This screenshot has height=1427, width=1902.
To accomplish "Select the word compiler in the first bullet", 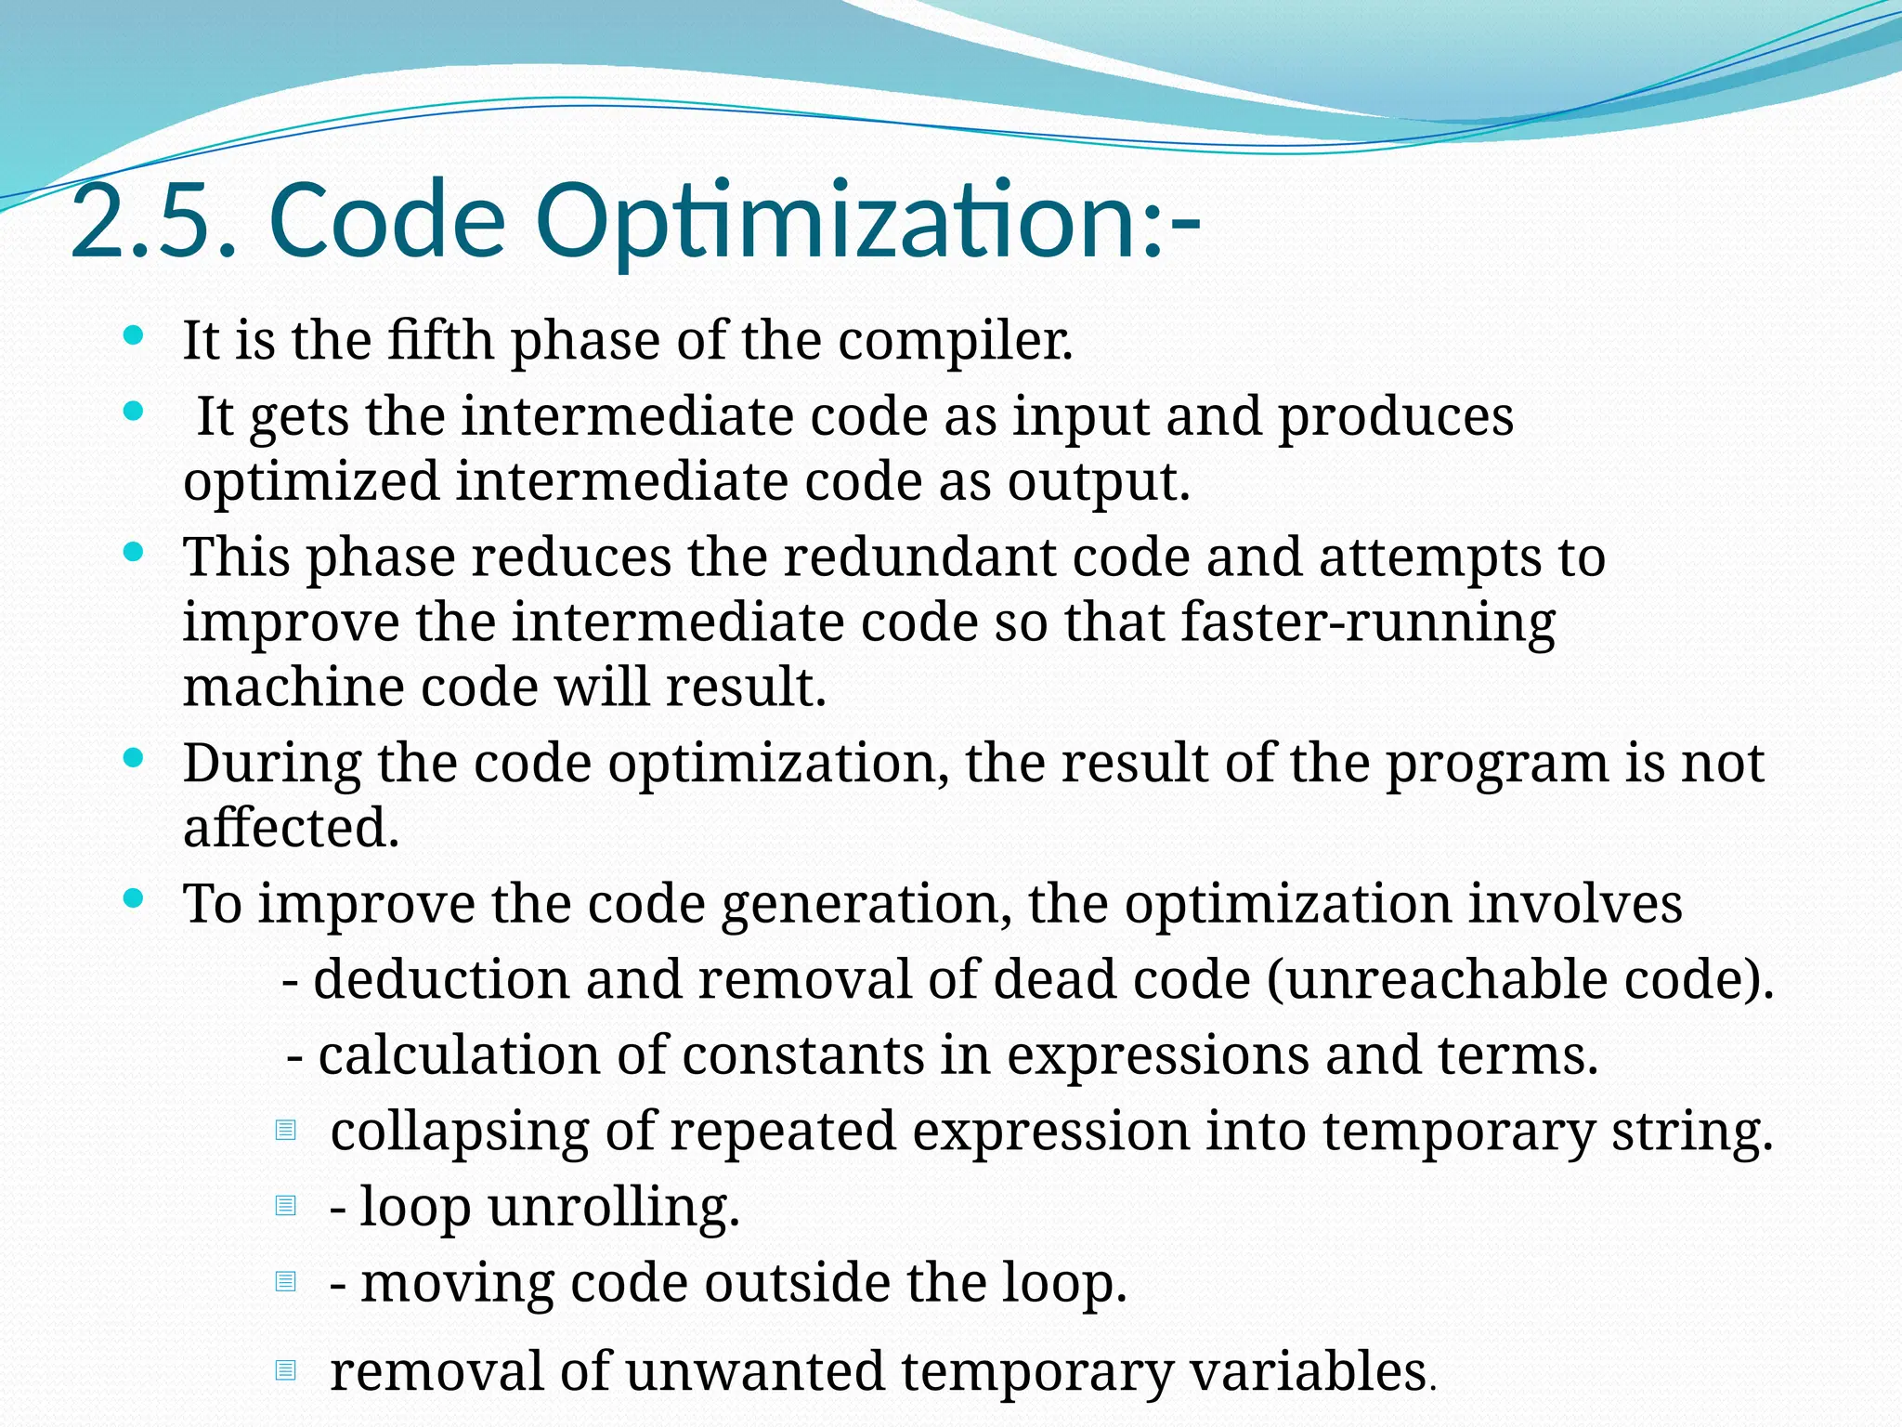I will click(x=956, y=342).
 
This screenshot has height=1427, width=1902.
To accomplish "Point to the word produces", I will click(x=1396, y=417).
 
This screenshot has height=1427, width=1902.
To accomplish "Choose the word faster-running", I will click(x=1368, y=623).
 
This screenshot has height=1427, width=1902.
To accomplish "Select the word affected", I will click(x=291, y=828).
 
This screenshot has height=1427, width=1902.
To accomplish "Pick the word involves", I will click(x=1575, y=904).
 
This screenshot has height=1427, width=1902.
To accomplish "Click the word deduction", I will click(x=441, y=980).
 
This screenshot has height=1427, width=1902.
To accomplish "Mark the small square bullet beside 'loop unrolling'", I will click(x=286, y=1206).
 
